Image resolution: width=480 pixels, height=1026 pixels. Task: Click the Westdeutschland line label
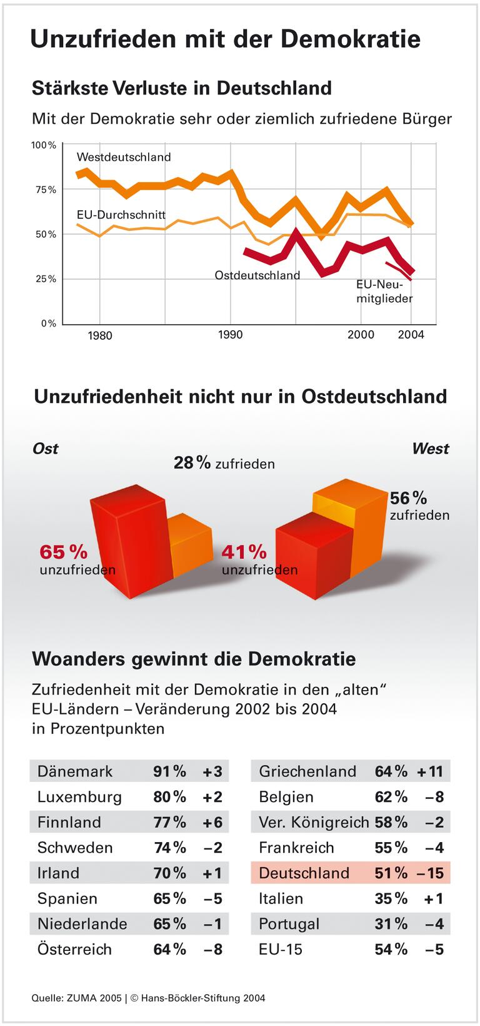click(124, 157)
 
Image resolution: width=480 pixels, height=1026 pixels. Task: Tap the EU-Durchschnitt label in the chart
click(121, 215)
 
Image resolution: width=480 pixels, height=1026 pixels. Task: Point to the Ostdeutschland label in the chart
click(257, 275)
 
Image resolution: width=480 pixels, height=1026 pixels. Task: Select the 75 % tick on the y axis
click(44, 190)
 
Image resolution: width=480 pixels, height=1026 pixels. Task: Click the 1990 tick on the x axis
click(231, 335)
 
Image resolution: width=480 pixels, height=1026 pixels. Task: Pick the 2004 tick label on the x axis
click(411, 335)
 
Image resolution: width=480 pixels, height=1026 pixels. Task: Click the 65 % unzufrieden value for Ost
click(64, 552)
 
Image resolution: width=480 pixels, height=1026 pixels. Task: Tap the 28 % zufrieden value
click(192, 463)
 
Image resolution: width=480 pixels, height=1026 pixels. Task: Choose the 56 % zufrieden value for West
click(409, 498)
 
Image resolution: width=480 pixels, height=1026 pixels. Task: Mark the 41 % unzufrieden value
click(244, 552)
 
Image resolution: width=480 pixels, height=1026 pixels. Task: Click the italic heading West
click(430, 449)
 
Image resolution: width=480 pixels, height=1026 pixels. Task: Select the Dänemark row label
click(75, 771)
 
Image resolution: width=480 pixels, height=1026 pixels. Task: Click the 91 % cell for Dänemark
click(169, 771)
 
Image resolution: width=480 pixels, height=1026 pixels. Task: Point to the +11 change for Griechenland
click(430, 771)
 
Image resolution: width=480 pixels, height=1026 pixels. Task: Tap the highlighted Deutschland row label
click(304, 873)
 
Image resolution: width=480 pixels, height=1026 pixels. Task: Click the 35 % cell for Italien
click(391, 899)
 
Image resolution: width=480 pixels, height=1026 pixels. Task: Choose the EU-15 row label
click(281, 950)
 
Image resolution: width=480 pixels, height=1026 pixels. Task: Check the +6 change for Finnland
click(212, 823)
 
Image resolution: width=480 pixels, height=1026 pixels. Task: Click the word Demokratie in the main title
click(350, 39)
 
